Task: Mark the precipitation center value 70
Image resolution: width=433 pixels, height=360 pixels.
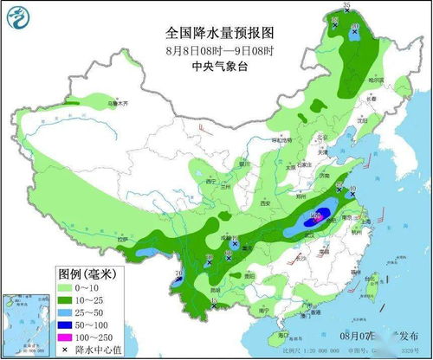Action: point(178,275)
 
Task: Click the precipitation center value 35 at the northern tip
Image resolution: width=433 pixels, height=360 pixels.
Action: point(346,7)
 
